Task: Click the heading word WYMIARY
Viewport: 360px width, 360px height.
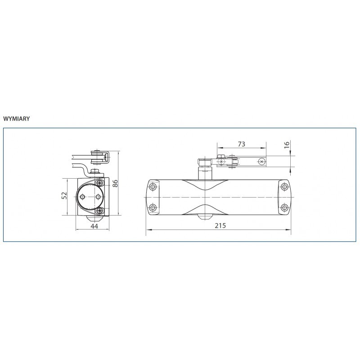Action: tap(17, 119)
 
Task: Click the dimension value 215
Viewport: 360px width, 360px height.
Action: tap(220, 226)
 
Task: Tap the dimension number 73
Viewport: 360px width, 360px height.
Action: tap(242, 144)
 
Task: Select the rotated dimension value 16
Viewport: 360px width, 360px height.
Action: tap(287, 145)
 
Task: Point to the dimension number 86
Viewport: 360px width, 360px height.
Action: tap(115, 183)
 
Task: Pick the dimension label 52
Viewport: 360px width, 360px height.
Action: tap(64, 195)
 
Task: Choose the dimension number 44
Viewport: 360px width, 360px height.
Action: tap(94, 226)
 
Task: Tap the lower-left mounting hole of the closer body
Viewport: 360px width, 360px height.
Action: tap(153, 208)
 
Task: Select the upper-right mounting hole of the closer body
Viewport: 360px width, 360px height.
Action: tap(285, 186)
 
